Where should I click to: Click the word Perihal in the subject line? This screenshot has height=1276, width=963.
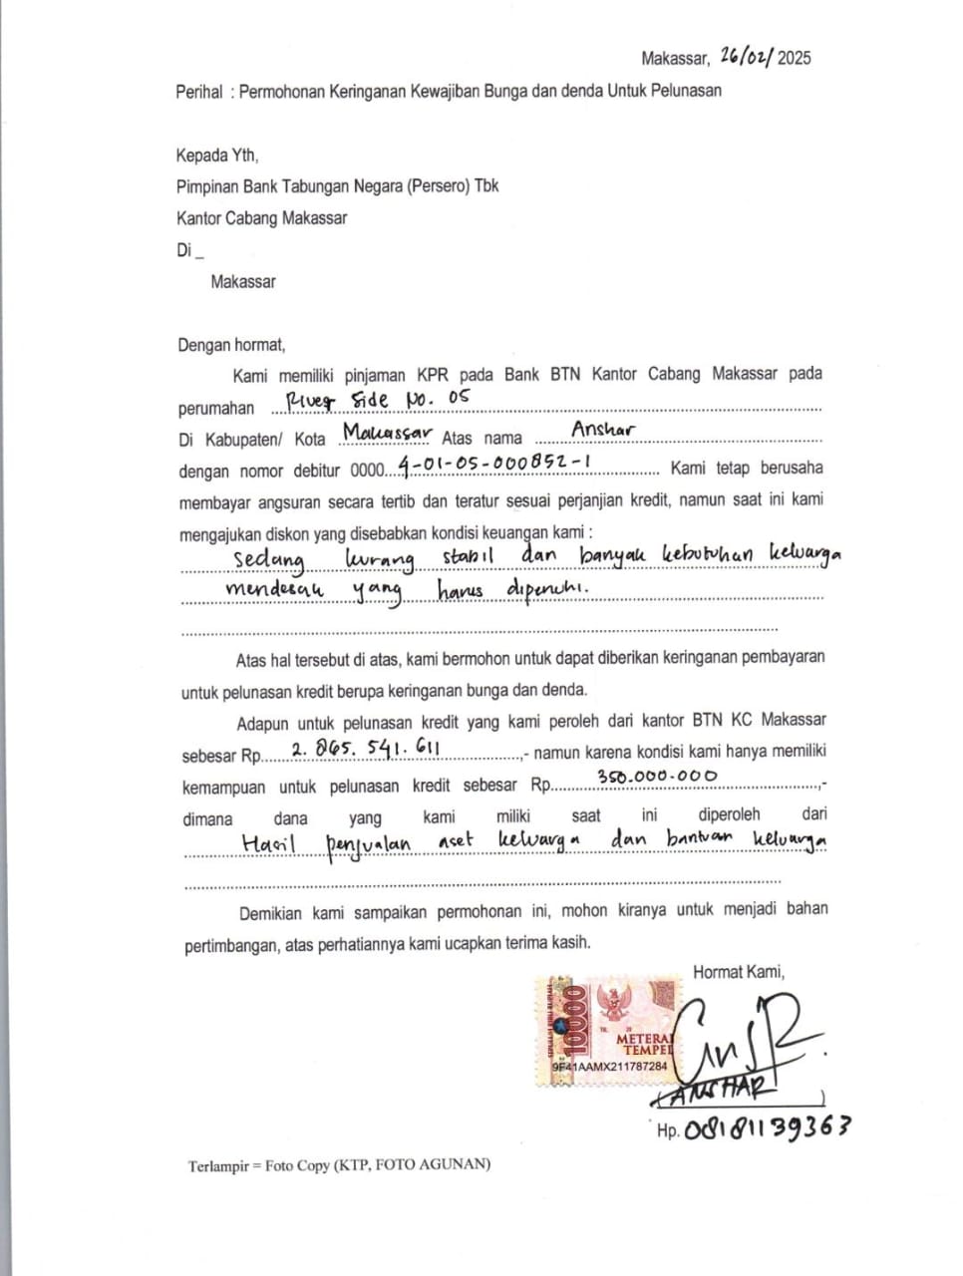click(199, 92)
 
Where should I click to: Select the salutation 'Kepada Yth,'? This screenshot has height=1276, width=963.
click(217, 156)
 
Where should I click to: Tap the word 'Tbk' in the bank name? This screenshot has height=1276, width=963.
click(486, 186)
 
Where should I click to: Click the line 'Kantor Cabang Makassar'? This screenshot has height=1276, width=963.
click(262, 218)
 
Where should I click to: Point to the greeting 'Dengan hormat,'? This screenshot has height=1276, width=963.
click(231, 346)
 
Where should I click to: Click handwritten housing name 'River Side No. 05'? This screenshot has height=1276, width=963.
click(377, 400)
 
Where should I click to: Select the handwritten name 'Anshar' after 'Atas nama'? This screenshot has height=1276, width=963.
click(603, 430)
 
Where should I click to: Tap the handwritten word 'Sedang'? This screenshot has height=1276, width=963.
click(268, 559)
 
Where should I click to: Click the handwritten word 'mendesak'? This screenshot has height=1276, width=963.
click(274, 589)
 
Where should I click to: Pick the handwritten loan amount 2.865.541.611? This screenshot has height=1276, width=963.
click(365, 748)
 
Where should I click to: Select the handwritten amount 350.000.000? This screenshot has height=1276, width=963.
click(657, 777)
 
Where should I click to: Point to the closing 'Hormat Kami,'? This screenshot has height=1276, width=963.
click(739, 972)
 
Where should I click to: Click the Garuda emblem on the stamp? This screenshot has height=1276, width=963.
click(610, 1003)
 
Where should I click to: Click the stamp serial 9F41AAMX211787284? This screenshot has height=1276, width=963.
click(610, 1067)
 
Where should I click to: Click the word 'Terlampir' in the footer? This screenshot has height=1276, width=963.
click(218, 1165)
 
